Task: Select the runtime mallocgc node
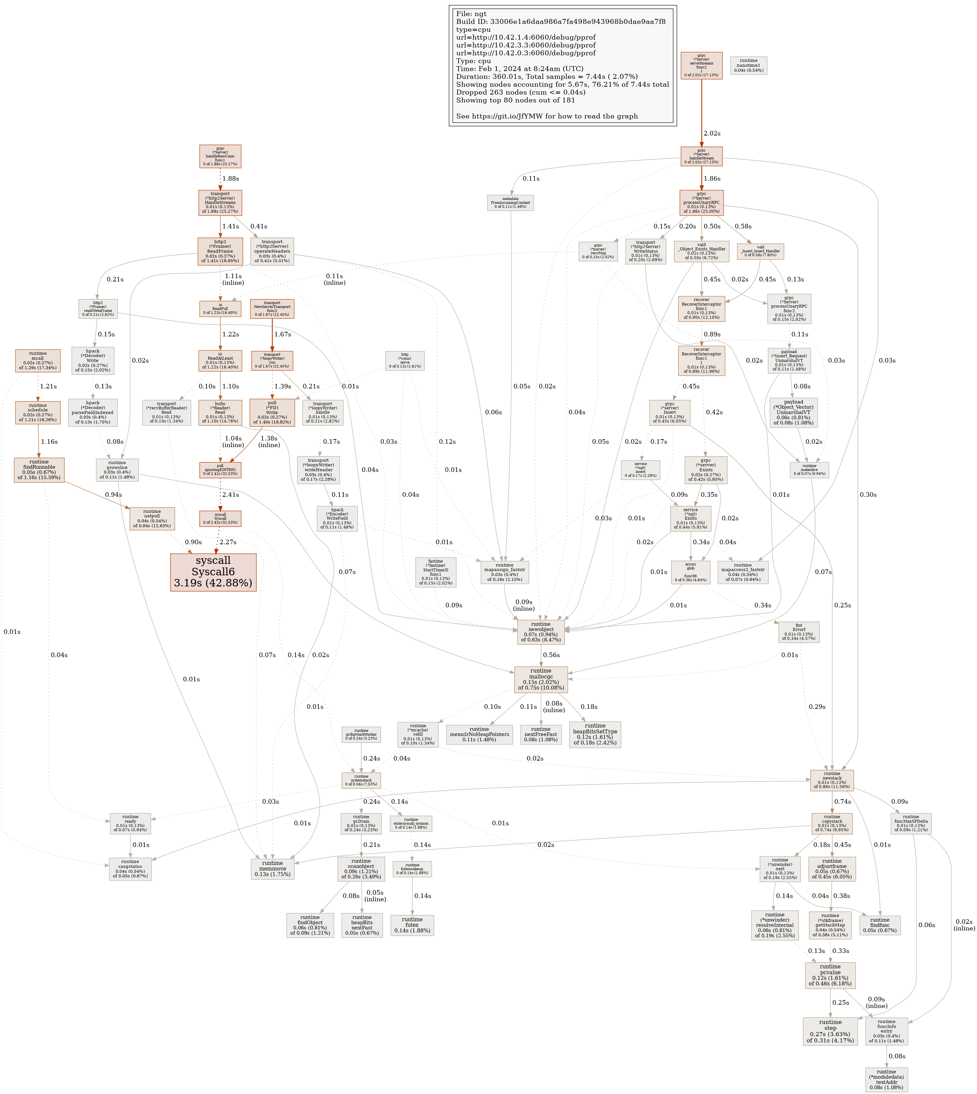coord(541,679)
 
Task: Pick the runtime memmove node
coord(272,868)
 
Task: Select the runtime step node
coord(830,1031)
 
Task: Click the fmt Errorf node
coord(799,632)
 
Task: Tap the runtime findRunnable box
coord(39,470)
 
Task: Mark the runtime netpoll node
coord(152,519)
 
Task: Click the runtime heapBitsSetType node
coord(595,734)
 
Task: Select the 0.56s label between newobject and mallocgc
coord(551,655)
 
